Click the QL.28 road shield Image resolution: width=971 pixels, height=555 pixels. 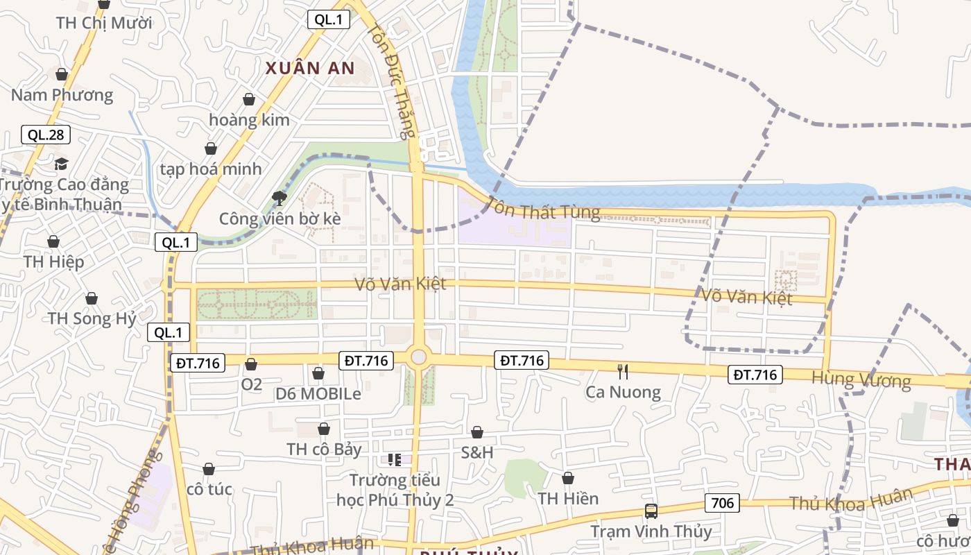(x=46, y=135)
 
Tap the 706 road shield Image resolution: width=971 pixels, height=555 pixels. (x=723, y=503)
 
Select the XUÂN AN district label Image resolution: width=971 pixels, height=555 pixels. (x=310, y=68)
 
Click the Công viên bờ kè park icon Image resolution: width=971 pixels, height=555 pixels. (x=280, y=198)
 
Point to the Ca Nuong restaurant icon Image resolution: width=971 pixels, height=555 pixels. (x=623, y=372)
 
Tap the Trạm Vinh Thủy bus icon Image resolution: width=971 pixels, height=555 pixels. (x=651, y=511)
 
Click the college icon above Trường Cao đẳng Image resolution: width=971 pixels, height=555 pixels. (x=62, y=164)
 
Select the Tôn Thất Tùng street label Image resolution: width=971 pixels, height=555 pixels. (x=544, y=208)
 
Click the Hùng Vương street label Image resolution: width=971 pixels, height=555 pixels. (x=861, y=379)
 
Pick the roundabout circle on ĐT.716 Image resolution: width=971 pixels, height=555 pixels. (x=418, y=357)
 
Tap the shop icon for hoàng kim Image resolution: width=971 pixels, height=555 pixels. (x=249, y=99)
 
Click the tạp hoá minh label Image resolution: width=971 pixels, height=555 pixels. (x=211, y=169)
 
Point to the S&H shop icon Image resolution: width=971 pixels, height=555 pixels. (x=477, y=432)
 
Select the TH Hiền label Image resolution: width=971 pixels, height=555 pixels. (x=568, y=498)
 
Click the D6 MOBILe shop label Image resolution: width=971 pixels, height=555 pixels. (x=318, y=394)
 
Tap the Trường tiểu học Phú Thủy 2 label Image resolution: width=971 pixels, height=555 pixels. (x=395, y=490)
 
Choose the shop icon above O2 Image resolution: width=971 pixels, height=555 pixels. (x=251, y=364)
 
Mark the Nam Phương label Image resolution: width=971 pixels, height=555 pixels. (x=62, y=95)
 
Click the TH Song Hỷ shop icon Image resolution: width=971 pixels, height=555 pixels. (x=92, y=298)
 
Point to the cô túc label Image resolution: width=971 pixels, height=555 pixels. (x=209, y=490)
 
